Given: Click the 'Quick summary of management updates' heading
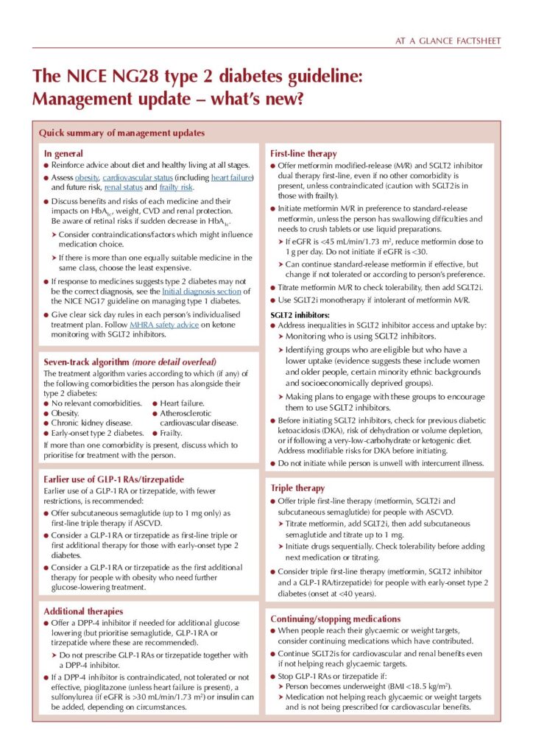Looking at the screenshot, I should pyautogui.click(x=121, y=133).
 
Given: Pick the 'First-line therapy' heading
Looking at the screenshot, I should pyautogui.click(x=304, y=153).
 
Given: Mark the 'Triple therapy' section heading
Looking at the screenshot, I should pyautogui.click(x=297, y=487).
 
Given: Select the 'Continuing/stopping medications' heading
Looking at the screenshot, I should pyautogui.click(x=341, y=619).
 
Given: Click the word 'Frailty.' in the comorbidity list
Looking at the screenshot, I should pyautogui.click(x=175, y=433).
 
